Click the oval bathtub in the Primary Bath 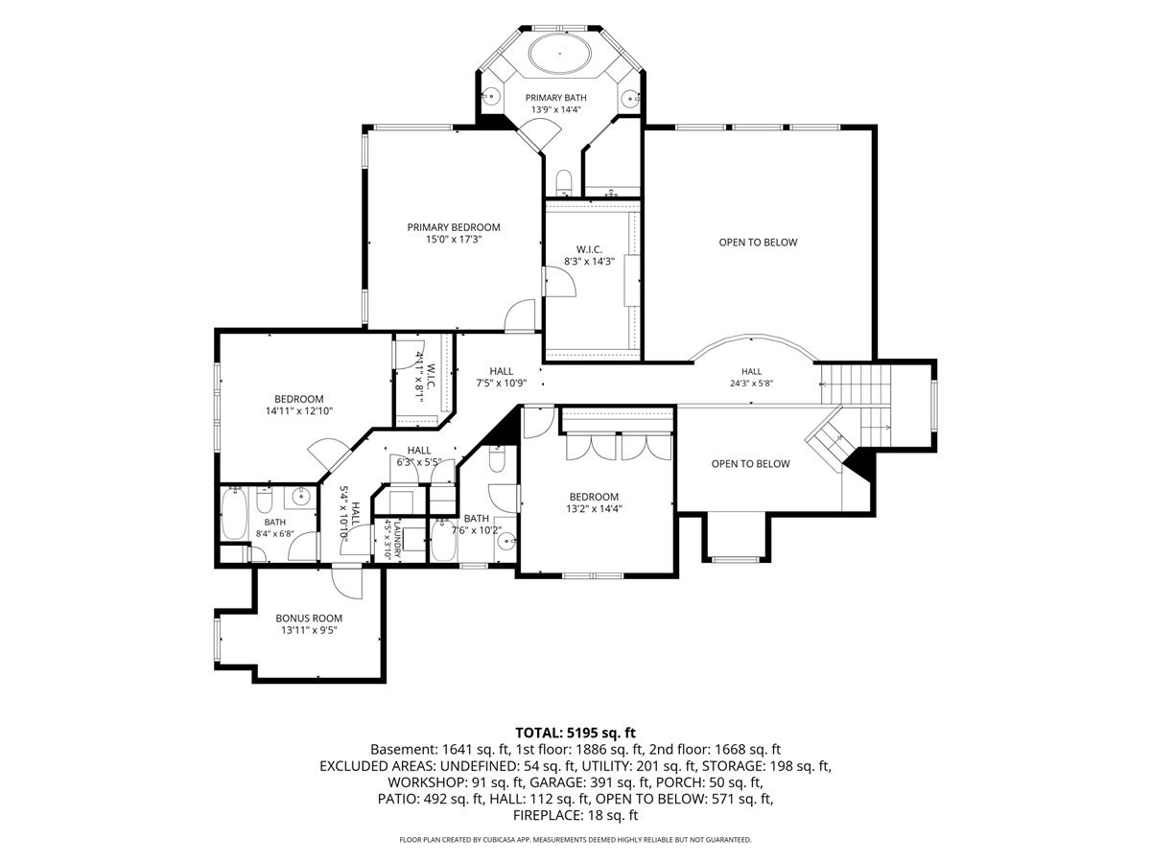pyautogui.click(x=559, y=54)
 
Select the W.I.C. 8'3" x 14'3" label pyautogui.click(x=589, y=255)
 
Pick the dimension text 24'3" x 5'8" pyautogui.click(x=751, y=384)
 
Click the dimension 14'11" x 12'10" pyautogui.click(x=299, y=410)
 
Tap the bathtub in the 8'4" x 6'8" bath pyautogui.click(x=234, y=514)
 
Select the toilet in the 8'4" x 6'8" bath pyautogui.click(x=264, y=500)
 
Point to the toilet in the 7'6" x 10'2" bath pyautogui.click(x=497, y=458)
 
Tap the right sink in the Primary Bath pyautogui.click(x=630, y=98)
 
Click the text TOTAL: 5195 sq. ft pyautogui.click(x=575, y=733)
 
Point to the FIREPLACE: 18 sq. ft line pyautogui.click(x=575, y=816)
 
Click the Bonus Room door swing pyautogui.click(x=347, y=583)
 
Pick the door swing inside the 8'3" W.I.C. pyautogui.click(x=560, y=281)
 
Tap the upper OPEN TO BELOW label pyautogui.click(x=758, y=243)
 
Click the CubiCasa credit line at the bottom pyautogui.click(x=575, y=840)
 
